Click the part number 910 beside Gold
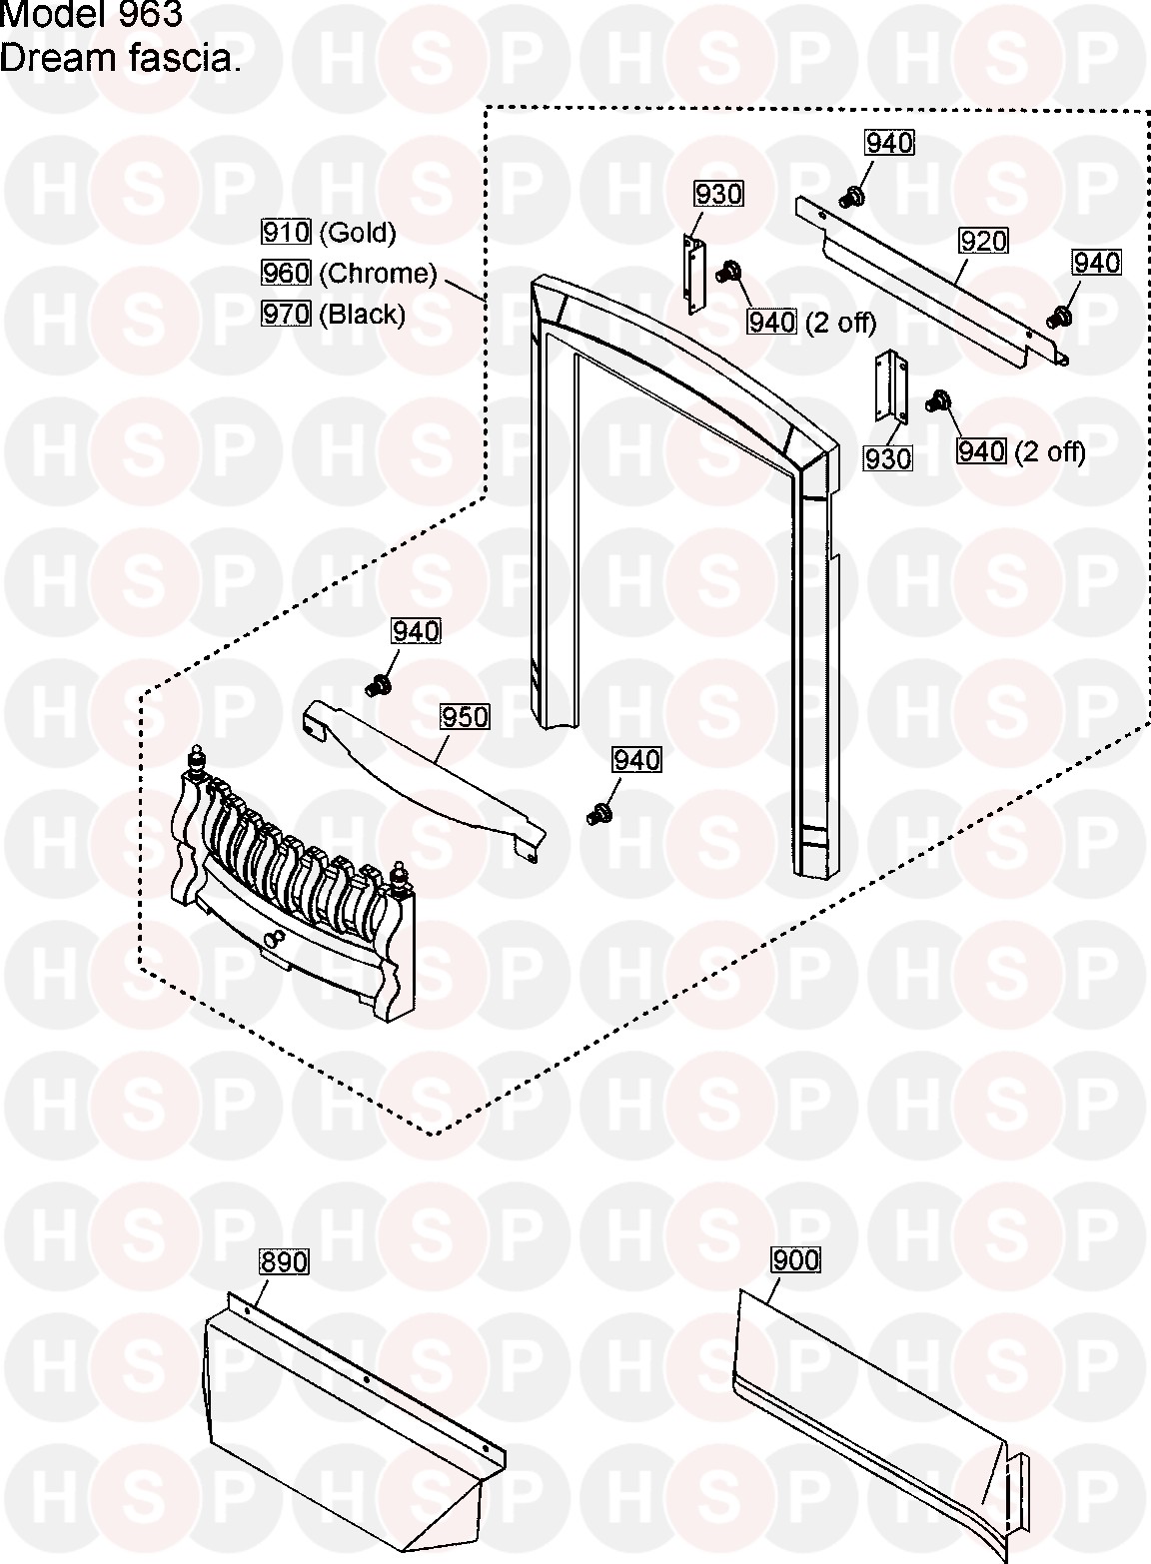pos(286,233)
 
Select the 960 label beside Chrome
pos(286,273)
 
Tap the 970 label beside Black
pos(286,315)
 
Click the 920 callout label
pos(983,241)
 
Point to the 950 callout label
pos(465,717)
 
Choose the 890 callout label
pos(284,1261)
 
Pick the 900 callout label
pos(795,1260)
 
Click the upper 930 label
pos(718,193)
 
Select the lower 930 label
pos(888,458)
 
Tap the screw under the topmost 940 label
pos(853,196)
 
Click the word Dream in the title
pos(46,60)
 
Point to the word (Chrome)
pos(378,274)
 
